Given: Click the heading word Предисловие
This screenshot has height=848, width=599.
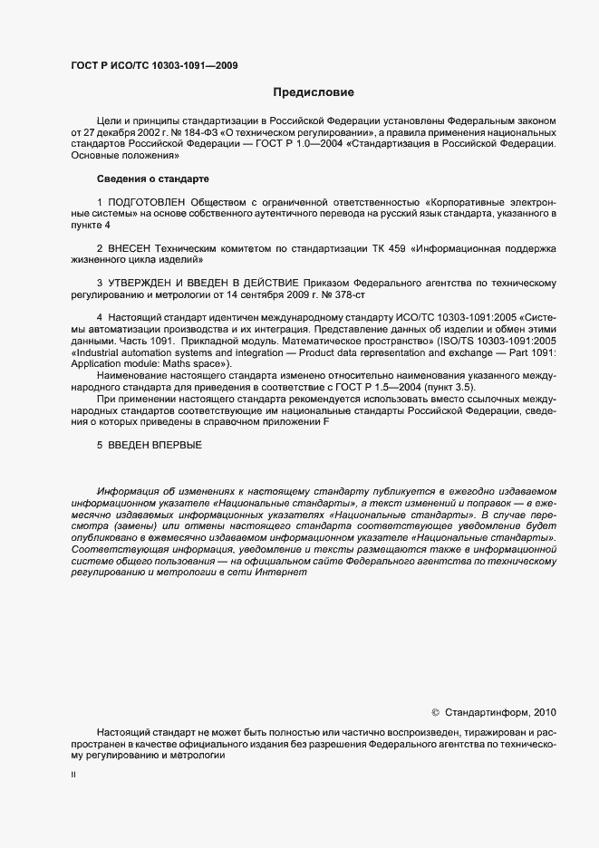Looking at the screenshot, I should click(314, 92).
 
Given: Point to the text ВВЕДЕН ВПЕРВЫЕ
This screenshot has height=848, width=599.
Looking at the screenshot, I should click(155, 445).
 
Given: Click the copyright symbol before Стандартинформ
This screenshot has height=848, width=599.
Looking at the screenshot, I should click(434, 713).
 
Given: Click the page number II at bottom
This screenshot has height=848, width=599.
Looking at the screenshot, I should click(73, 776).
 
